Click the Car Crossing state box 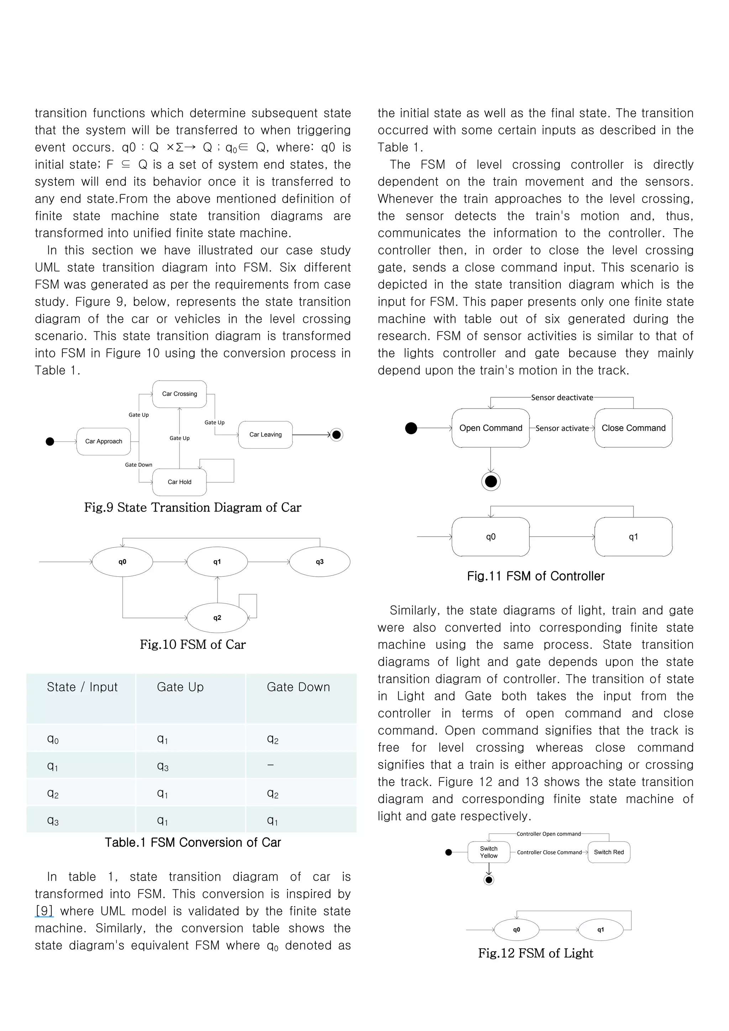179,394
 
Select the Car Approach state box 104,441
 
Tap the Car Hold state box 179,482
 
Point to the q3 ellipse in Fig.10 319,562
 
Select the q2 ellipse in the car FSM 217,618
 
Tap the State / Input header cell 82,687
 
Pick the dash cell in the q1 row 270,765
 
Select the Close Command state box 633,428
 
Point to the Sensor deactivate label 562,397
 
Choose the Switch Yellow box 488,852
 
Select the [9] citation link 44,911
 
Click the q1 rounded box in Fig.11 633,537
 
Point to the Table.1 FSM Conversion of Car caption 193,842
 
